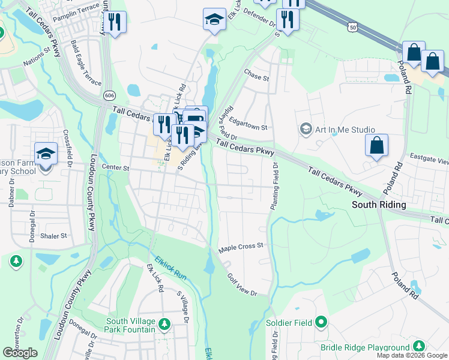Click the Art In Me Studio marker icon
[x=306, y=130]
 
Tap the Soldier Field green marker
[x=321, y=323]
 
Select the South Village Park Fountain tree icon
[x=164, y=325]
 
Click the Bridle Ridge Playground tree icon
[x=418, y=347]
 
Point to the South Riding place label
[x=378, y=205]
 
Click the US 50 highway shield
[x=352, y=27]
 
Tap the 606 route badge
[x=109, y=95]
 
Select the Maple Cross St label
[x=241, y=246]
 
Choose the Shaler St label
[x=53, y=236]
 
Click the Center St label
[x=115, y=168]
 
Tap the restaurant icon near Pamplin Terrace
[x=115, y=22]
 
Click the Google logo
[x=20, y=352]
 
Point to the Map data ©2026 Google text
[x=412, y=355]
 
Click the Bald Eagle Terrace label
[x=86, y=62]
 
